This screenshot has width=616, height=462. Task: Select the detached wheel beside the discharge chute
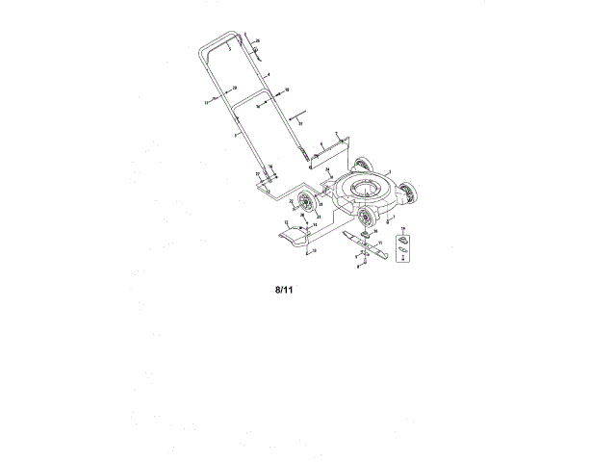(306, 201)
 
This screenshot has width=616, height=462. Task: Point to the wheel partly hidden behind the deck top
(364, 163)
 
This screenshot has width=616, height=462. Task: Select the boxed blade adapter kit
(405, 240)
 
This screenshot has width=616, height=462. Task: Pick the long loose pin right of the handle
(294, 117)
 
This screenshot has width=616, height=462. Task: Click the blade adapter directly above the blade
(366, 234)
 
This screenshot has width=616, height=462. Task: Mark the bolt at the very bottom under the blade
(358, 267)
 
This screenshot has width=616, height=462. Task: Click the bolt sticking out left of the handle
(210, 100)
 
